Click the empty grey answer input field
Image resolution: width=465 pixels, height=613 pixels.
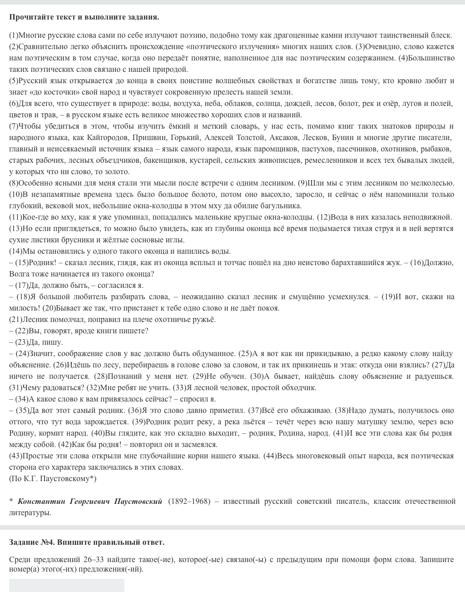66,585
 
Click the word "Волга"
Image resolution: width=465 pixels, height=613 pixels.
18,274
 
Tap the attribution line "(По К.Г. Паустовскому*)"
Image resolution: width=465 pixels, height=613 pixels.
53,478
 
